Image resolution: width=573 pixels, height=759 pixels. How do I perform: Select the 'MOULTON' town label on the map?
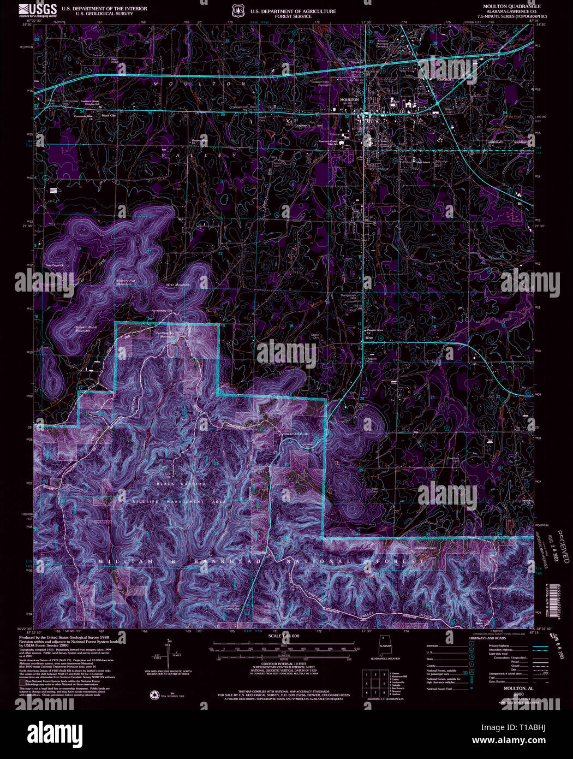(349, 100)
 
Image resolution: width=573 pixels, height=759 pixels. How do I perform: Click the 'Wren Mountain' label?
(178, 285)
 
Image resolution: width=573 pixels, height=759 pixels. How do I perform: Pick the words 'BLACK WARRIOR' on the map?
(182, 484)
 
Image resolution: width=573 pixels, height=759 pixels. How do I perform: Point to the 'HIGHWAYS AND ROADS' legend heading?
(488, 638)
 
